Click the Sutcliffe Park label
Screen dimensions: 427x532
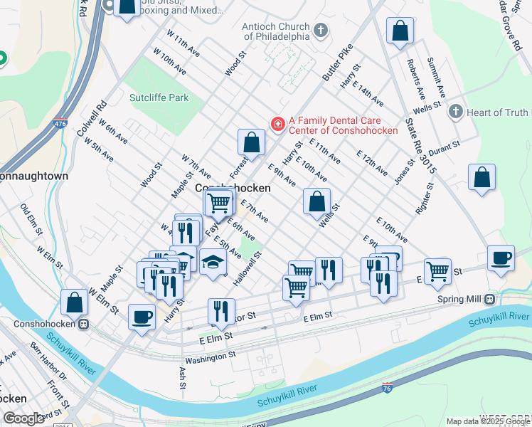[x=159, y=97]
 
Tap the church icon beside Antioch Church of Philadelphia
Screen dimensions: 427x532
[x=321, y=31]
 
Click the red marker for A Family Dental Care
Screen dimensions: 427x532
[x=277, y=125]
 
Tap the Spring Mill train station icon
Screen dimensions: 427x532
[x=489, y=299]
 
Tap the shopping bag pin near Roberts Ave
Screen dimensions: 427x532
[x=400, y=31]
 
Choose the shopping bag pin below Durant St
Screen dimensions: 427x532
[x=482, y=178]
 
